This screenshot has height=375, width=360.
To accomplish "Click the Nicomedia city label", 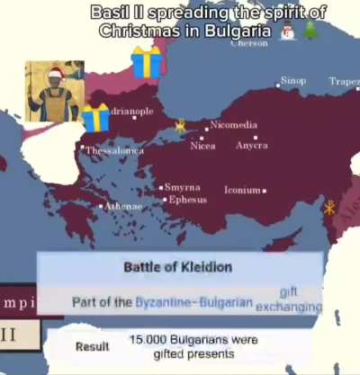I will [234, 125].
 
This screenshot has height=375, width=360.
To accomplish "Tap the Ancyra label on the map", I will [252, 146].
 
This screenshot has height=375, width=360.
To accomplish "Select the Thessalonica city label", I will [114, 151].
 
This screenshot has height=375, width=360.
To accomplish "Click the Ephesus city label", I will [188, 200].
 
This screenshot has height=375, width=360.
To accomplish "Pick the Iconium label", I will [242, 191].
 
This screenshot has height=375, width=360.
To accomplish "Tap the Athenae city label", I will [123, 206].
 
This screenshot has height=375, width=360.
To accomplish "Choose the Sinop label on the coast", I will [293, 81].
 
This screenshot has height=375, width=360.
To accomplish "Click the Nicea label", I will [202, 146].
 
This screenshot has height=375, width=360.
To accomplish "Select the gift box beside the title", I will [145, 61].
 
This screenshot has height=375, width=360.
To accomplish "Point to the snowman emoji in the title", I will [287, 32].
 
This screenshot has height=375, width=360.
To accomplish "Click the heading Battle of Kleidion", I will [178, 267].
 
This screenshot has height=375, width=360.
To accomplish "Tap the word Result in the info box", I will [92, 346].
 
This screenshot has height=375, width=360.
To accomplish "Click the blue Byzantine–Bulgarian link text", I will [193, 303].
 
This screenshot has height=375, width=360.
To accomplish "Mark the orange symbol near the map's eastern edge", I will [329, 209].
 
